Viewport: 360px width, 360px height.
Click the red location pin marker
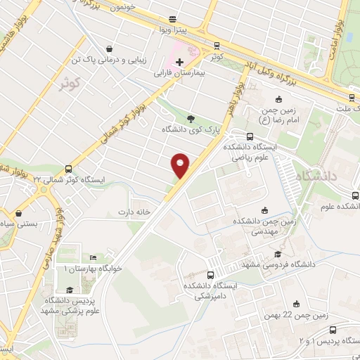tap(181, 166)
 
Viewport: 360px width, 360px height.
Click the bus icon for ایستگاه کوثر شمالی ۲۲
tap(67, 169)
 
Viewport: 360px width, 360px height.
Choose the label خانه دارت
tap(135, 212)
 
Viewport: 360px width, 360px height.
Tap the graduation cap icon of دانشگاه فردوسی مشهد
tap(278, 254)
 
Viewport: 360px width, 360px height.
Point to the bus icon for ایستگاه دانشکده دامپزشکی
tap(211, 275)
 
